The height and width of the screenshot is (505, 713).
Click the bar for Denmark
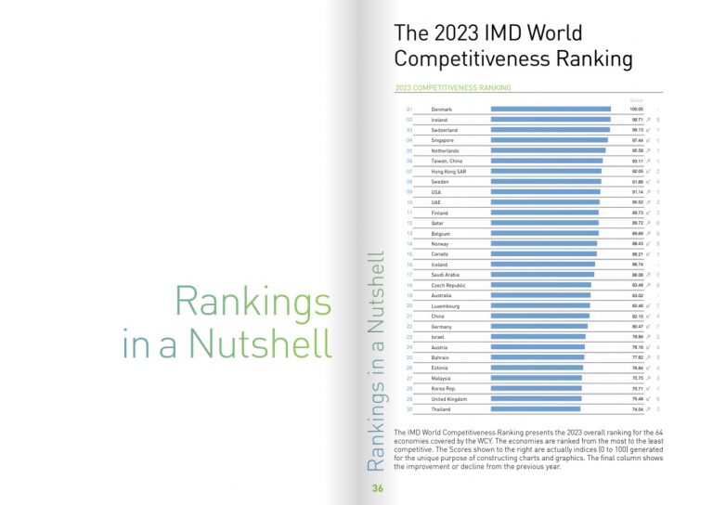[551, 110]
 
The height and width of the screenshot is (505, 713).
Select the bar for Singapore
[549, 140]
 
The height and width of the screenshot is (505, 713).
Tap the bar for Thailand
[535, 408]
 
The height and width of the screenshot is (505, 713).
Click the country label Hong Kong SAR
[448, 172]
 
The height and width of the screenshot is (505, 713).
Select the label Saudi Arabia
[447, 275]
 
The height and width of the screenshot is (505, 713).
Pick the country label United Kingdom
[451, 398]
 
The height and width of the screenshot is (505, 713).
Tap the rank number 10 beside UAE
[409, 202]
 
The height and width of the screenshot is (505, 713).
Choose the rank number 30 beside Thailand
[409, 408]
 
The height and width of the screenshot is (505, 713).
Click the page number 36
[378, 489]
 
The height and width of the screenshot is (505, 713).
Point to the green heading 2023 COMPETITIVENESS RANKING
[453, 88]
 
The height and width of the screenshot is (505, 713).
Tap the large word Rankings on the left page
[253, 303]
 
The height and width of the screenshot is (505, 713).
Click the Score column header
[637, 98]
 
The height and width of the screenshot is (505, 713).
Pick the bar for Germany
[538, 326]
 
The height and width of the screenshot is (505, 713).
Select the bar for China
[539, 316]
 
